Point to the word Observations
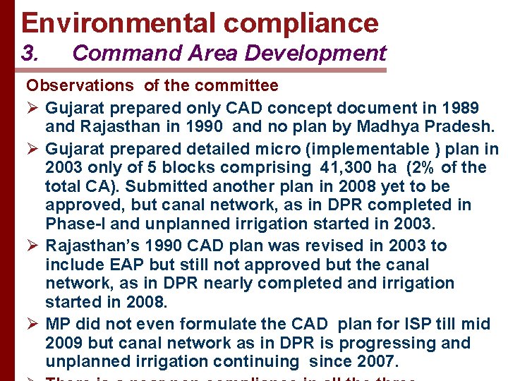point(80,86)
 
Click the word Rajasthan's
point(95,246)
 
